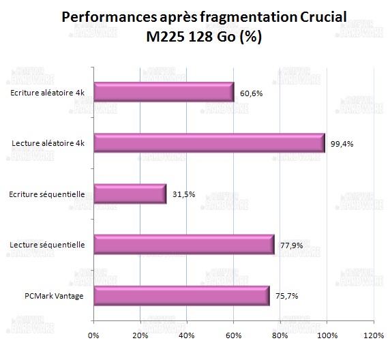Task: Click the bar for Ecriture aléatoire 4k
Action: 164,92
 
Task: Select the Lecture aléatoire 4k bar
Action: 209,143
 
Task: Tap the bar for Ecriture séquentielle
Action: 130,194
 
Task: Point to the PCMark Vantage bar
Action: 181,296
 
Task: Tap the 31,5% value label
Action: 183,194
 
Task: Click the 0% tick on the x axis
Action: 94,335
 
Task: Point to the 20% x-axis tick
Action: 140,335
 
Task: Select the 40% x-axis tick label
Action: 187,335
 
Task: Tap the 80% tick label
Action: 280,335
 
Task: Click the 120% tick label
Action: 372,335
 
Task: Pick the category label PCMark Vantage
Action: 54,296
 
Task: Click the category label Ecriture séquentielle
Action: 48,194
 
